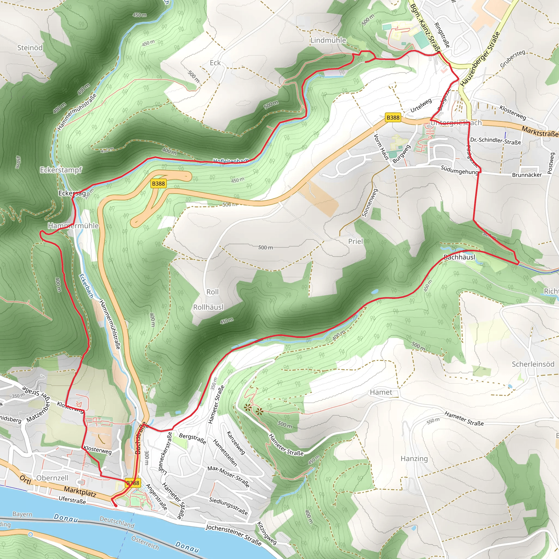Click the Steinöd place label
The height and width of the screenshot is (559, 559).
[30, 48]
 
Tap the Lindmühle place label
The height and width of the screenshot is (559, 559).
[328, 40]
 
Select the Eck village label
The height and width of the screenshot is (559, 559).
[215, 63]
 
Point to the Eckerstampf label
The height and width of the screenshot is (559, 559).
[61, 170]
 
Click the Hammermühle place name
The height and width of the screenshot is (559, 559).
[73, 226]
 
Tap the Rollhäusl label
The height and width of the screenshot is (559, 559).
[208, 307]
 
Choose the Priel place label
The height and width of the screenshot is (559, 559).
[355, 241]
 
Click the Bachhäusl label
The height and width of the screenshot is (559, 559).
[459, 257]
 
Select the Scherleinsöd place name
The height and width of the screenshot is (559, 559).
[533, 364]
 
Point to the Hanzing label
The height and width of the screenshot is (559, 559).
[414, 459]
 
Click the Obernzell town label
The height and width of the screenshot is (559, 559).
[52, 478]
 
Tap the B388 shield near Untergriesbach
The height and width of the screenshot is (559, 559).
[393, 117]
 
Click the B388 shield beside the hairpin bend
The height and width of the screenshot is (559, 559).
[158, 183]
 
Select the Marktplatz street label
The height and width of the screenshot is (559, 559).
[80, 491]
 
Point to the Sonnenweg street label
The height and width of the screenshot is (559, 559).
[370, 203]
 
